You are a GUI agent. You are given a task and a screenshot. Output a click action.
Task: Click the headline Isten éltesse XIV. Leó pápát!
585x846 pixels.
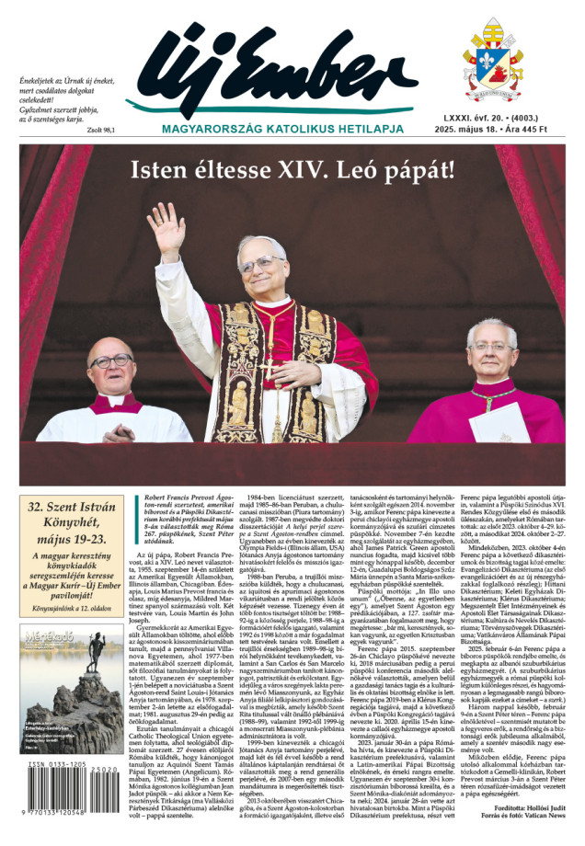click(x=292, y=170)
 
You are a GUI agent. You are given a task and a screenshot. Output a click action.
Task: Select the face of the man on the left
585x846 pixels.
click(x=111, y=363)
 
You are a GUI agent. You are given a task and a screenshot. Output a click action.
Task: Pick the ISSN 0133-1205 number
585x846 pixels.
click(x=61, y=791)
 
